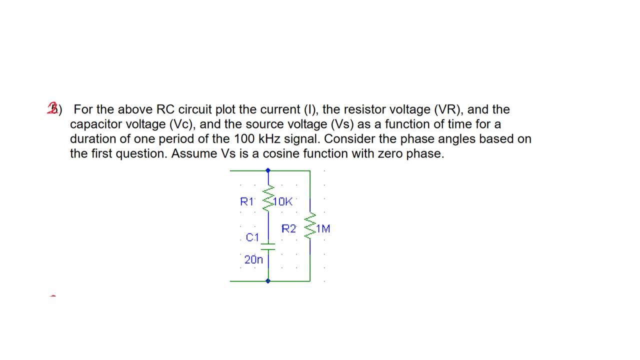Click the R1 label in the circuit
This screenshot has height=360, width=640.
click(247, 201)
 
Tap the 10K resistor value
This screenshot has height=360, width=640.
click(283, 201)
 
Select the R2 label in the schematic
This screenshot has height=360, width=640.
click(288, 229)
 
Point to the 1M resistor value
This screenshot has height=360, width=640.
click(323, 229)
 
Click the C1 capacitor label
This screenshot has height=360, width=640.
click(253, 237)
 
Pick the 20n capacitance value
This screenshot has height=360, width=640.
click(253, 259)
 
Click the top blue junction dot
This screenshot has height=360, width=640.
click(268, 170)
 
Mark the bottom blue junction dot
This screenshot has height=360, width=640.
click(268, 281)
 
